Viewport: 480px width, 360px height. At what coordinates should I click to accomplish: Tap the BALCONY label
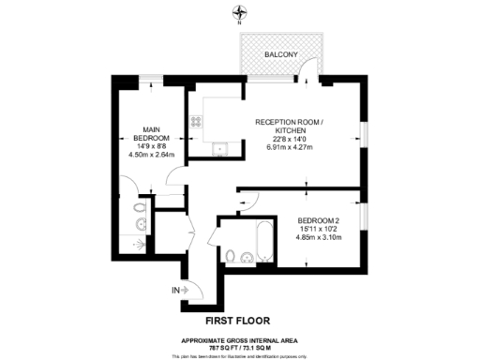click(x=281, y=55)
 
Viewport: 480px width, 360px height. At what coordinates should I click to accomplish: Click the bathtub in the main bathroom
click(x=262, y=242)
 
